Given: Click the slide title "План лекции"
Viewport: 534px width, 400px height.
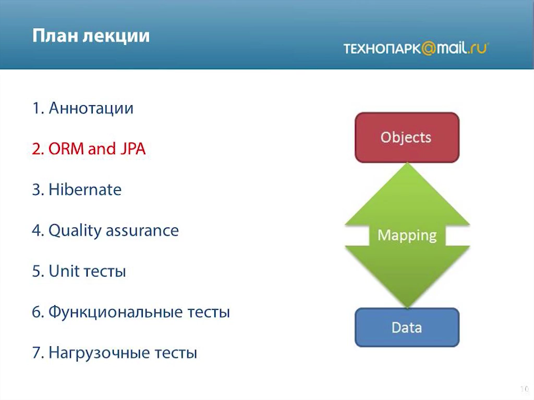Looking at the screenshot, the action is pyautogui.click(x=91, y=36).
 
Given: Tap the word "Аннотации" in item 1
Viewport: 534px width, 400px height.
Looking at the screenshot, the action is pyautogui.click(x=91, y=108).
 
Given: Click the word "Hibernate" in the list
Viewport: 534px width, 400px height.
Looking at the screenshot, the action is pyautogui.click(x=85, y=190).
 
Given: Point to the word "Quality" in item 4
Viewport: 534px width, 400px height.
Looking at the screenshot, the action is pyautogui.click(x=75, y=231).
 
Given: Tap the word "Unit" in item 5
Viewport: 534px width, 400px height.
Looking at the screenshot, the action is pyautogui.click(x=64, y=271).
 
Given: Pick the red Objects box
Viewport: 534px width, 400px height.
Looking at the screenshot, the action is pyautogui.click(x=407, y=137).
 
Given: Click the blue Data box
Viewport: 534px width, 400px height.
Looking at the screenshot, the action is pyautogui.click(x=407, y=327).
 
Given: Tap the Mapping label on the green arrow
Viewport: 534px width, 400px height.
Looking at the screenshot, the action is pyautogui.click(x=407, y=235).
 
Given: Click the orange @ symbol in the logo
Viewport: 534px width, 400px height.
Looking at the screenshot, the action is pyautogui.click(x=429, y=48).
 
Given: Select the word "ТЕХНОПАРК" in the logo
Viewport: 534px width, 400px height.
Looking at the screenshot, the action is pyautogui.click(x=382, y=49).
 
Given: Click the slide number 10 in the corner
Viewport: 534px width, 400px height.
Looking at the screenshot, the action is pyautogui.click(x=524, y=389).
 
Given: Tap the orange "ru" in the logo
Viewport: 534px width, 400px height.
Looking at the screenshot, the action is pyautogui.click(x=479, y=48).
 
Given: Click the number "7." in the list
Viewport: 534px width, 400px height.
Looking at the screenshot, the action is pyautogui.click(x=38, y=353).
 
